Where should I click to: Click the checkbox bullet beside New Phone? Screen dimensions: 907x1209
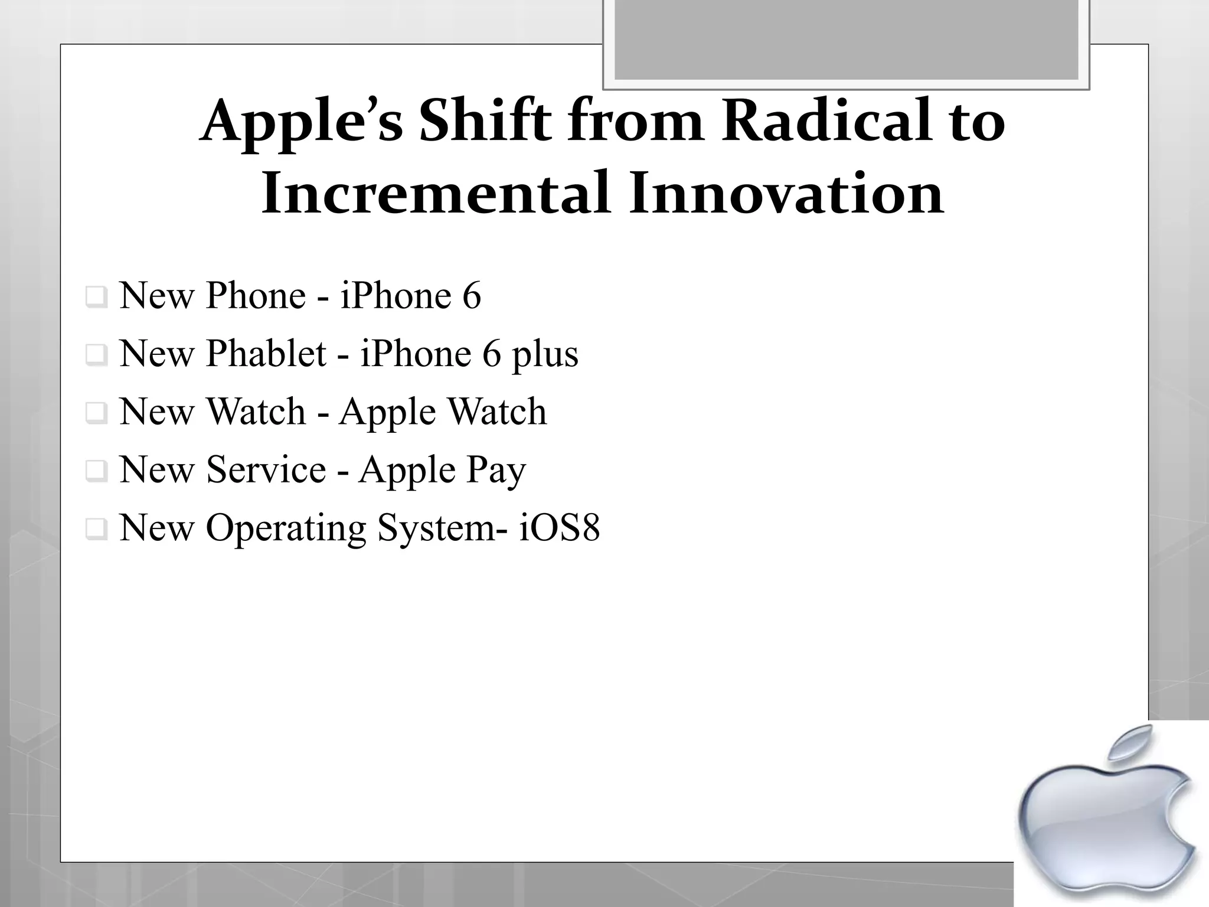[96, 297]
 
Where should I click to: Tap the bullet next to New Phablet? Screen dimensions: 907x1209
[96, 355]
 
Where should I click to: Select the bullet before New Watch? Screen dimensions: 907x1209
[96, 413]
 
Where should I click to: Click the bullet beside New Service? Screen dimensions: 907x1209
[96, 471]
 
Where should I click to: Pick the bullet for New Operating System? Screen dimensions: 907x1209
[96, 528]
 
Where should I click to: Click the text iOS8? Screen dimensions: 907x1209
[559, 527]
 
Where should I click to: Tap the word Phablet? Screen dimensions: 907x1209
[266, 354]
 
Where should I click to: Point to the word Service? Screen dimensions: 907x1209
[266, 470]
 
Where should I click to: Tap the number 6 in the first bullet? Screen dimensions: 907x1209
[471, 296]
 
